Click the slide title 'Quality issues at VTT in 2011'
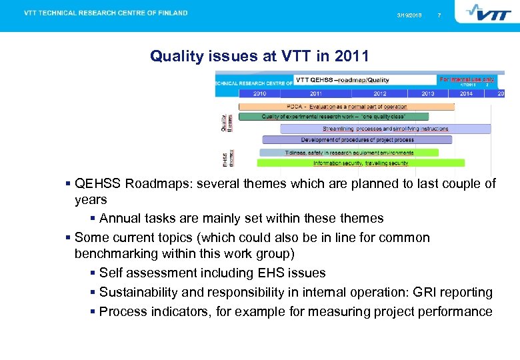pyautogui.click(x=259, y=56)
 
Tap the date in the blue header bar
pyautogui.click(x=409, y=15)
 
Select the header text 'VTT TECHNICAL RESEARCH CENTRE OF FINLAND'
pyautogui.click(x=106, y=13)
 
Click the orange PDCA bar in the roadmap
pyautogui.click(x=346, y=107)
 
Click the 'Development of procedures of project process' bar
pyautogui.click(x=357, y=140)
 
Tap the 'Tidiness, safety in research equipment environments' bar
pyautogui.click(x=349, y=153)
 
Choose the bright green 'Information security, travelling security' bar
pyautogui.click(x=361, y=163)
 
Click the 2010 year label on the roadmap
pyautogui.click(x=259, y=93)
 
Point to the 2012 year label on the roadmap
pyautogui.click(x=379, y=93)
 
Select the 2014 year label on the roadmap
pyautogui.click(x=466, y=93)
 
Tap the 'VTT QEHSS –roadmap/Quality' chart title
pyautogui.click(x=342, y=81)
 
